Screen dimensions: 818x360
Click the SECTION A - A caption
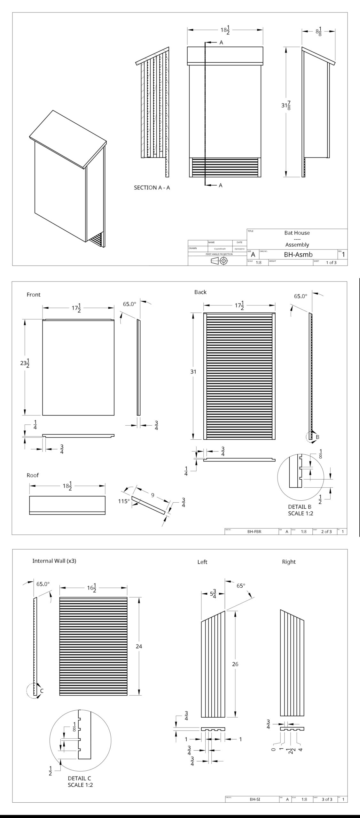[152, 188]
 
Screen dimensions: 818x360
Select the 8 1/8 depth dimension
[318, 32]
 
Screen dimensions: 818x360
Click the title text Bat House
[297, 233]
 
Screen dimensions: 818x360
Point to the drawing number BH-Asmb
[298, 254]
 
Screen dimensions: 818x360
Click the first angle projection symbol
[219, 261]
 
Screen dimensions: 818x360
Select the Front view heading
[34, 295]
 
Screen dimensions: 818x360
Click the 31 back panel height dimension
[193, 372]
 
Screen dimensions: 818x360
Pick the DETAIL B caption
[300, 507]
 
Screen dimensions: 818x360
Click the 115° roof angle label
[124, 501]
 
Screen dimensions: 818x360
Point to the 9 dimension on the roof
[153, 495]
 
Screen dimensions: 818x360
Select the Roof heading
[33, 475]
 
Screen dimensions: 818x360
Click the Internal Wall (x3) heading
[54, 560]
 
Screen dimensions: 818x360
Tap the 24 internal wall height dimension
[139, 646]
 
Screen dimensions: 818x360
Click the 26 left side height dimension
[235, 664]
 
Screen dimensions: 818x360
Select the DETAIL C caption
[80, 778]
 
